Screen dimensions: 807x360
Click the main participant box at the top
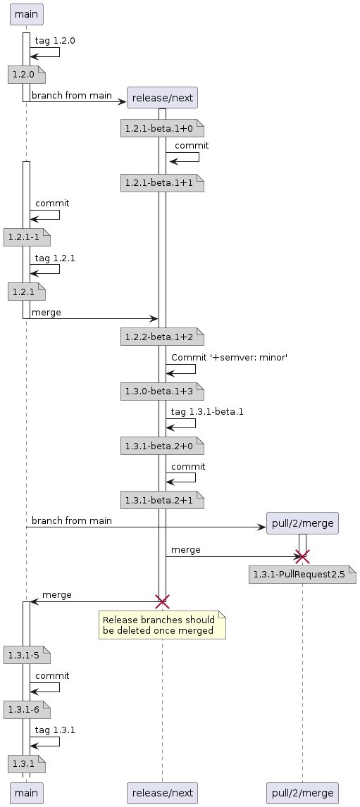click(26, 13)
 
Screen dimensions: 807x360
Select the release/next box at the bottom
click(162, 793)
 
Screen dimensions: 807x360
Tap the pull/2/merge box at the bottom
click(303, 793)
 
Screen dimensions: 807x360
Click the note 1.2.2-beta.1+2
click(162, 334)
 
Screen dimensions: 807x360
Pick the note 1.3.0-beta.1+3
click(162, 389)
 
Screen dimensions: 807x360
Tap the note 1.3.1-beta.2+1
click(162, 500)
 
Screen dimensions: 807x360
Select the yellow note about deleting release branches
click(161, 625)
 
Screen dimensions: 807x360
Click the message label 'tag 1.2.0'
click(55, 41)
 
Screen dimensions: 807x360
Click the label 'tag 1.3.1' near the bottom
click(55, 730)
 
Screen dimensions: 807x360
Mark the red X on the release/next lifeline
click(162, 601)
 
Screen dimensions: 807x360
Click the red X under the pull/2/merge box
click(303, 556)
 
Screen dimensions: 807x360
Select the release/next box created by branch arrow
click(162, 97)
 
